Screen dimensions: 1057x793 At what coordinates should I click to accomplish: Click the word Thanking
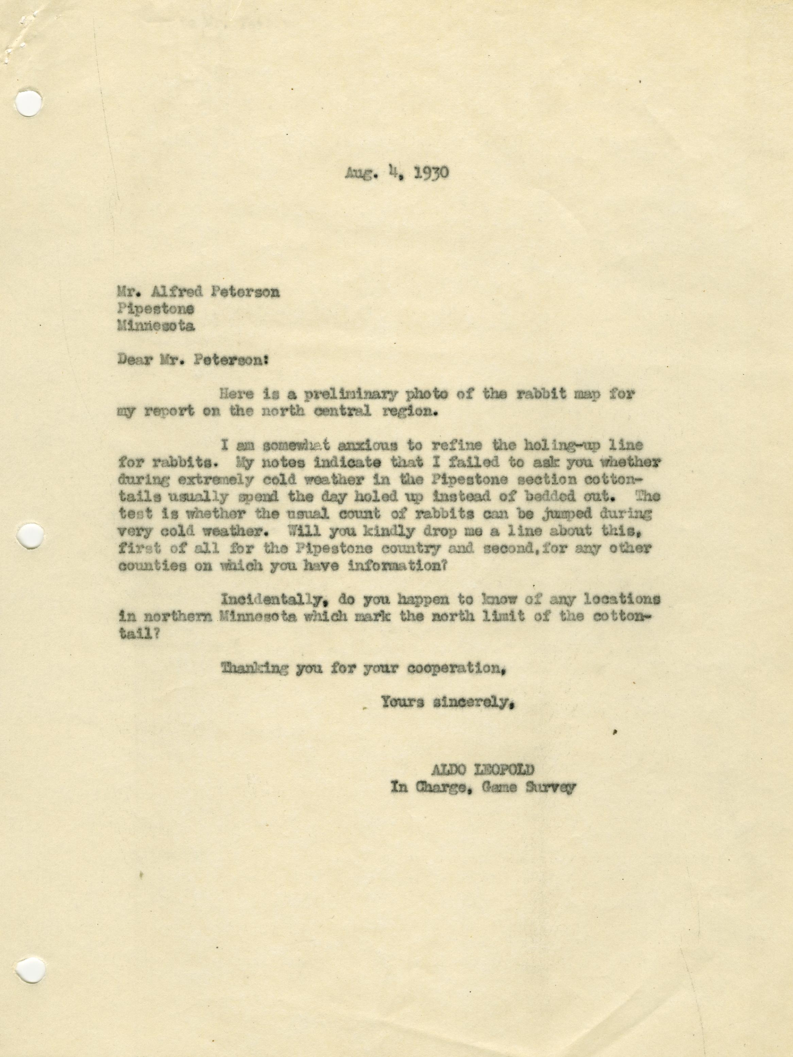(254, 668)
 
